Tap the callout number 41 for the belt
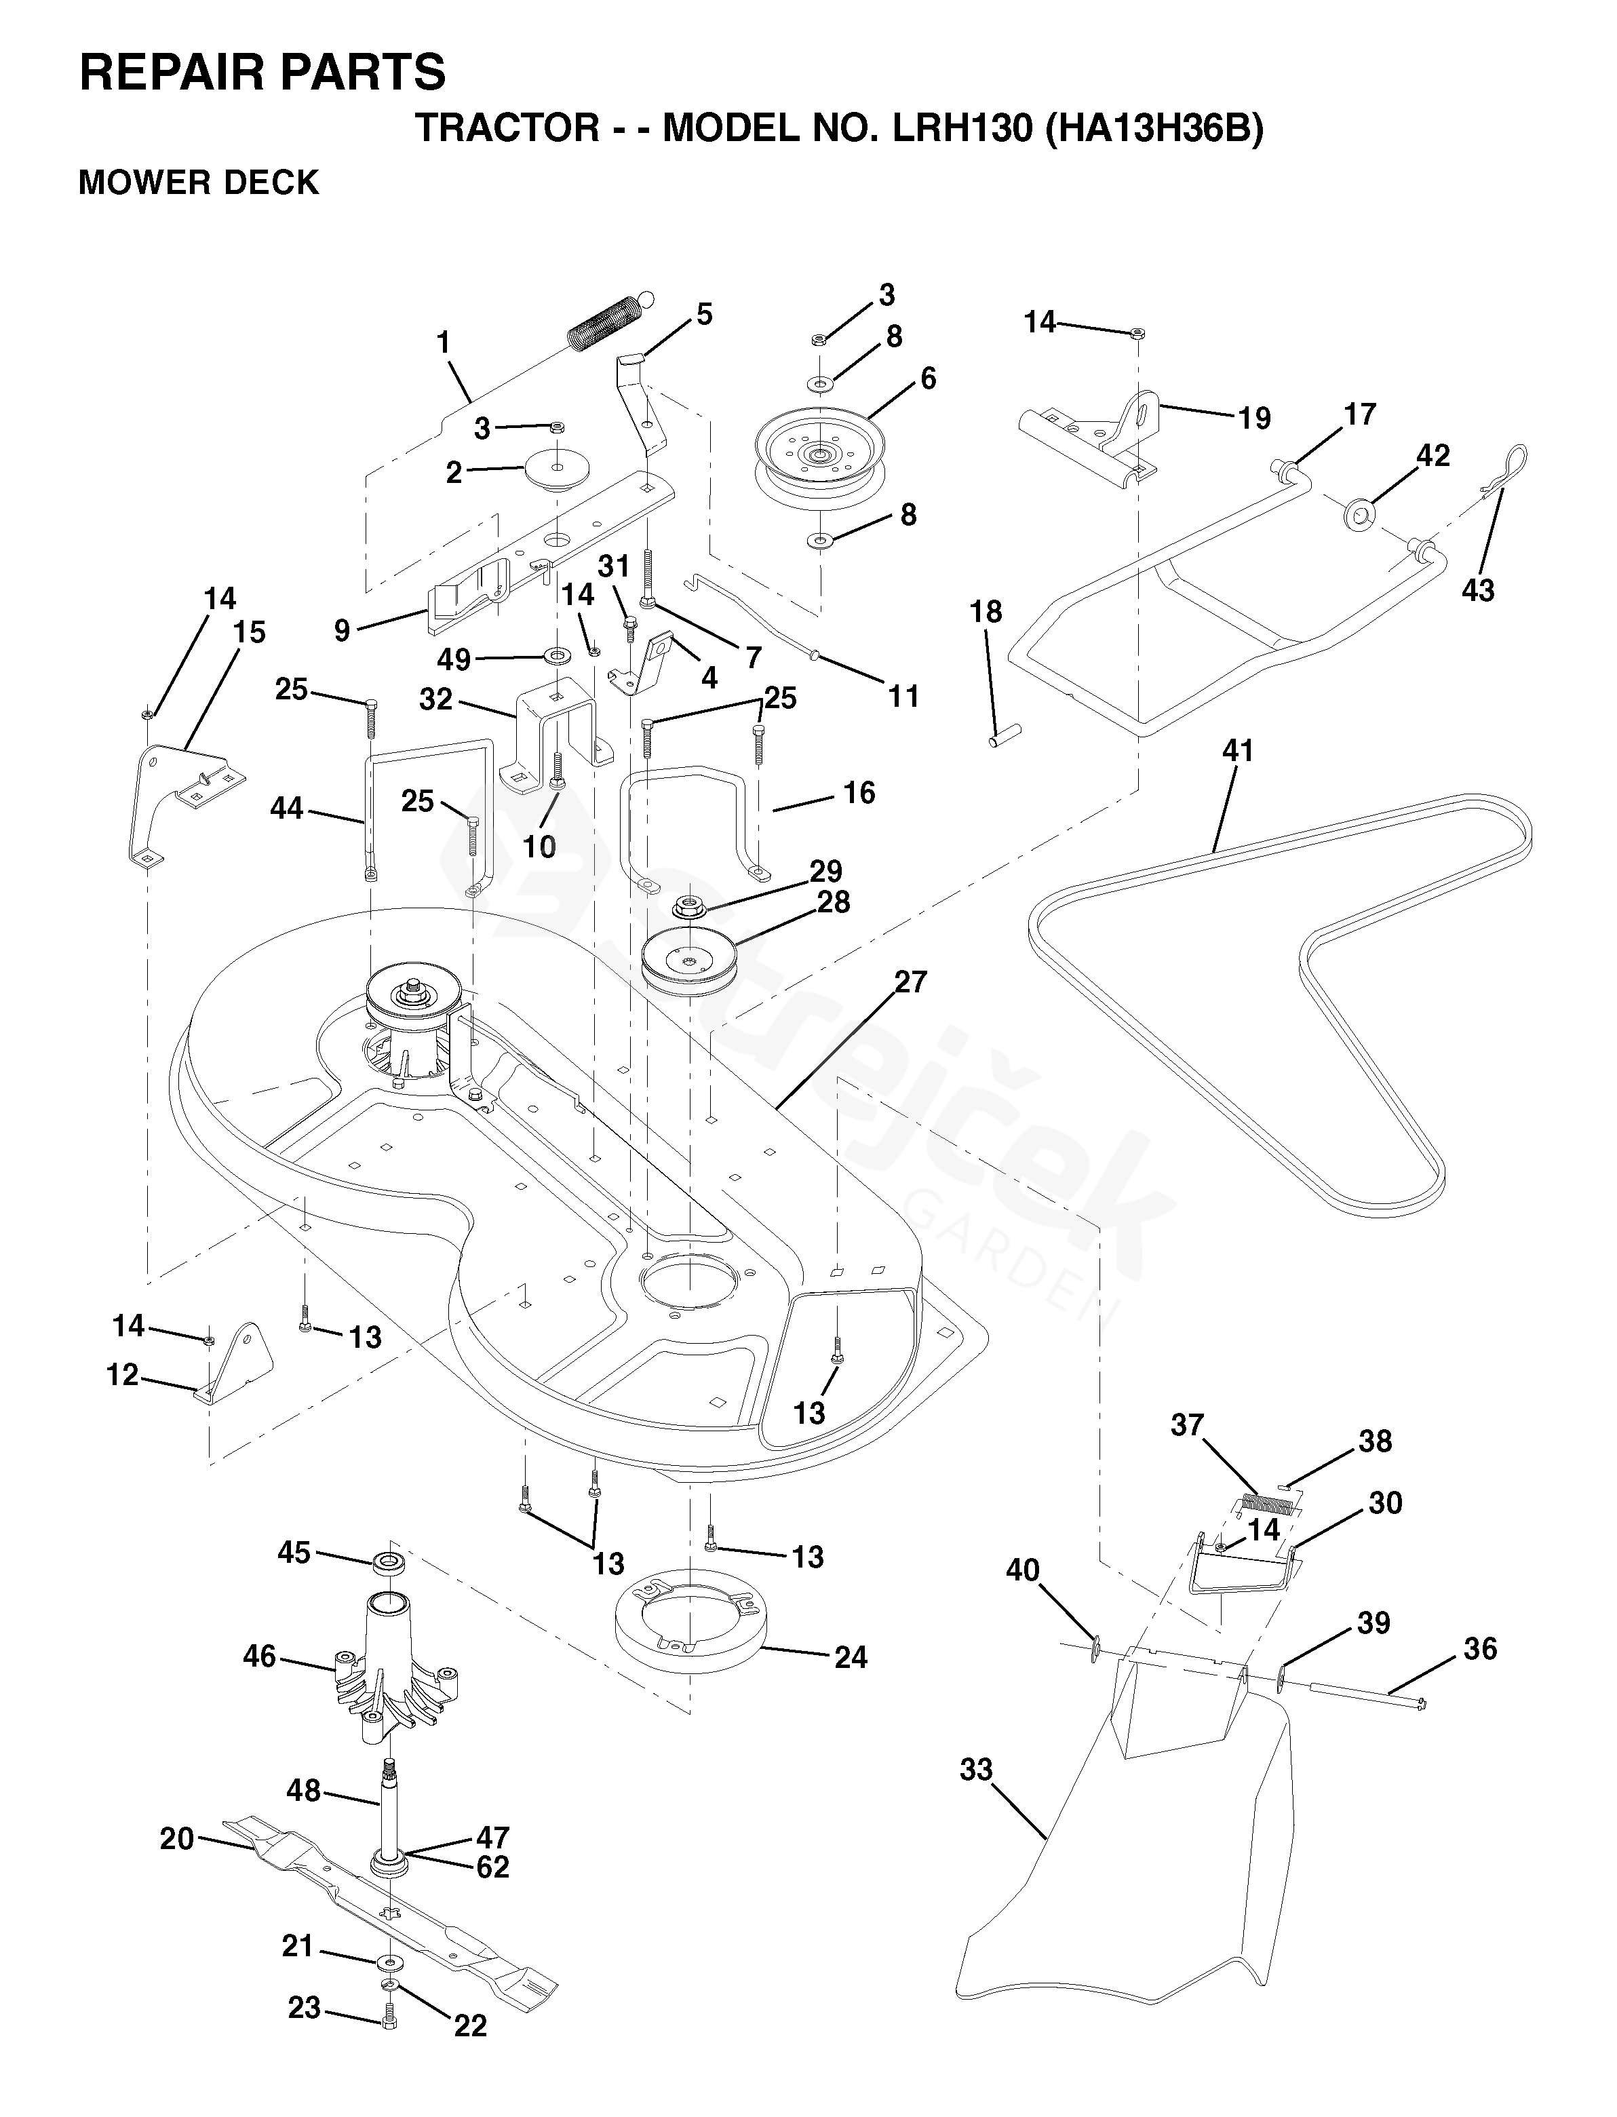coord(1238,751)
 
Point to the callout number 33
coord(976,1770)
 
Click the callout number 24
coord(851,1657)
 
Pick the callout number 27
coord(910,982)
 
